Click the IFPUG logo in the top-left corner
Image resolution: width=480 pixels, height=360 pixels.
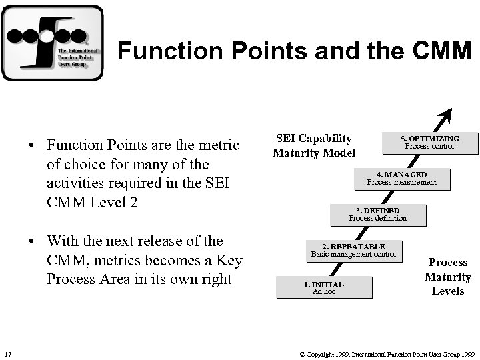click(x=53, y=43)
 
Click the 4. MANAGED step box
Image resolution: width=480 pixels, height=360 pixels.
click(x=401, y=179)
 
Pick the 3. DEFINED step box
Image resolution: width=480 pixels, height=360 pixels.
click(x=377, y=215)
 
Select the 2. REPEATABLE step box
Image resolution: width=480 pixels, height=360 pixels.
click(x=353, y=251)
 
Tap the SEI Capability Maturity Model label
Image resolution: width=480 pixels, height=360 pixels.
click(x=313, y=146)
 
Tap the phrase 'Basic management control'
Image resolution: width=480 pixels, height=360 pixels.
click(x=353, y=254)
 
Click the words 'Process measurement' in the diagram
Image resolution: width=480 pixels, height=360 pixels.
click(x=401, y=182)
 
